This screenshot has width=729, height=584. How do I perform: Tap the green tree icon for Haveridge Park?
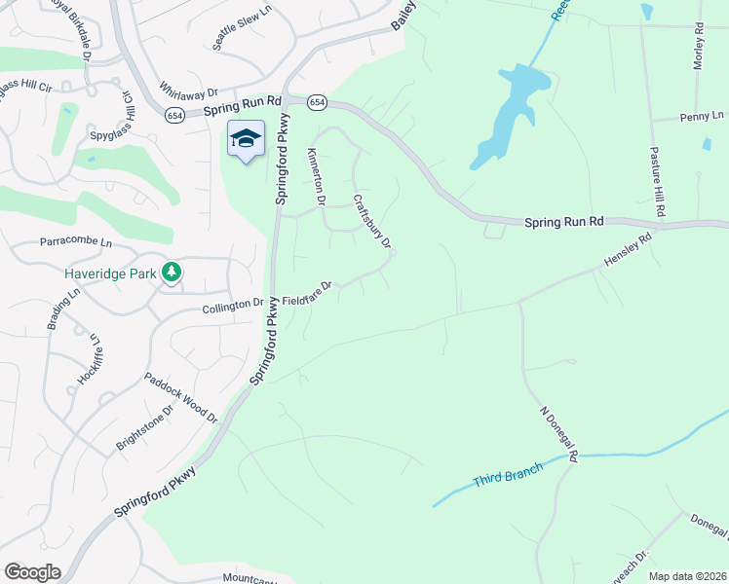pyautogui.click(x=172, y=272)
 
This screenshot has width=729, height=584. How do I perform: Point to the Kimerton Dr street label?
pyautogui.click(x=315, y=177)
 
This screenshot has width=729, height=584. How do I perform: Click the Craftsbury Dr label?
pyautogui.click(x=371, y=221)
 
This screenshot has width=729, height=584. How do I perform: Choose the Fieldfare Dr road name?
pyautogui.click(x=308, y=292)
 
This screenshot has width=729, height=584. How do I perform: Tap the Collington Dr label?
pyautogui.click(x=232, y=304)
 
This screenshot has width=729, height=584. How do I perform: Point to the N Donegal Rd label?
pyautogui.click(x=559, y=434)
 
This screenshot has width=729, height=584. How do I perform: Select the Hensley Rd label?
pyautogui.click(x=627, y=252)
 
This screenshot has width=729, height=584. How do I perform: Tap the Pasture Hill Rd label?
pyautogui.click(x=658, y=183)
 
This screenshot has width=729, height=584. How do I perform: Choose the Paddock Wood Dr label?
pyautogui.click(x=181, y=397)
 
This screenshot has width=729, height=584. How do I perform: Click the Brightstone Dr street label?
pyautogui.click(x=144, y=423)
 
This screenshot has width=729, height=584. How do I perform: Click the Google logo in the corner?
pyautogui.click(x=32, y=571)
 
